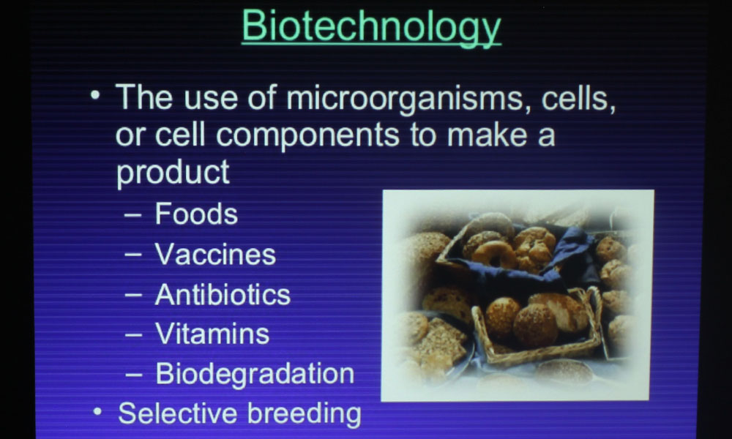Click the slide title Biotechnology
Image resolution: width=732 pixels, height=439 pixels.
pos(371,27)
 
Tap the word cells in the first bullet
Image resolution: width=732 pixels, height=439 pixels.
pos(578,98)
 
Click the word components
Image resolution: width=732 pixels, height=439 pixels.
pos(307,136)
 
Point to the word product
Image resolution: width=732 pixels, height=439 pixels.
pos(173,172)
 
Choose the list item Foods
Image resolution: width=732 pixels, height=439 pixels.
pos(196,214)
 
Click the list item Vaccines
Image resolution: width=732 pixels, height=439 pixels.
pos(215,255)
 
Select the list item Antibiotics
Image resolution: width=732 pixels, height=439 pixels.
pos(223,294)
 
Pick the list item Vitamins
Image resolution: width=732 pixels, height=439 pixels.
pos(212,334)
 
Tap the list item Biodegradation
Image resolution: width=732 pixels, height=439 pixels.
pos(255,373)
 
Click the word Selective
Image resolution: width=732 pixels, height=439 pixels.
pos(178,413)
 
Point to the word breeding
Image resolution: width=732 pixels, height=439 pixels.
pos(304,414)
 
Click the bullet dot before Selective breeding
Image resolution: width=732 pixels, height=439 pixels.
pos(97,412)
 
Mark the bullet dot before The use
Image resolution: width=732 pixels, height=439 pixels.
pos(95,95)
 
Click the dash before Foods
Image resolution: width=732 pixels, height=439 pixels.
pos(132,216)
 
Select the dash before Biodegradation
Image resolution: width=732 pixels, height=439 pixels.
pos(133,375)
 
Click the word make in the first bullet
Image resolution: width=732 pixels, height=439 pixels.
pos(488,135)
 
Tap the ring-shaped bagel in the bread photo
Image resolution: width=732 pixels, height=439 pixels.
pos(493,255)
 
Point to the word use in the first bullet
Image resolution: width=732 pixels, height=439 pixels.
pos(211,99)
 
